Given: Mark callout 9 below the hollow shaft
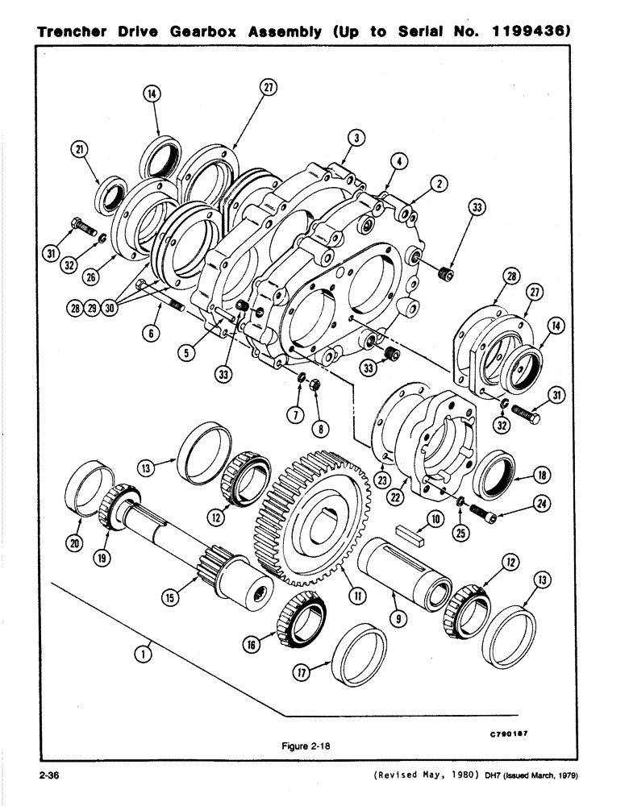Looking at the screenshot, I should tap(402, 620).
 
